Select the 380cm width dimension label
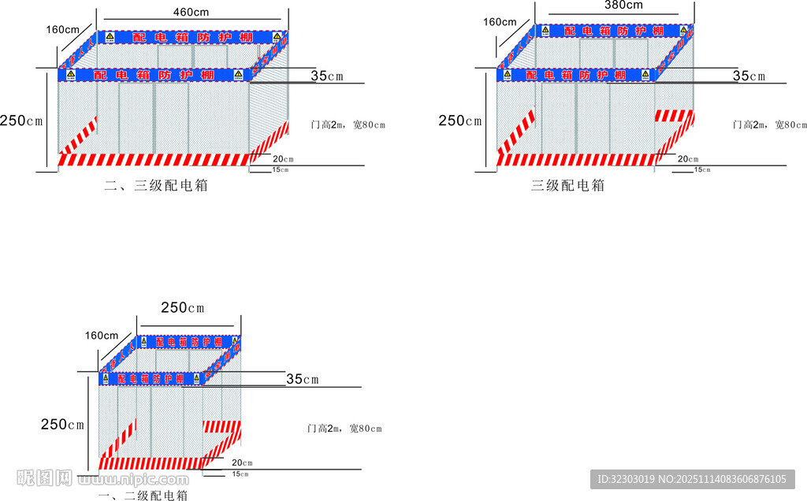tap(623, 5)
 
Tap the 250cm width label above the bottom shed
tap(183, 307)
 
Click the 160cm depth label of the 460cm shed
tap(62, 30)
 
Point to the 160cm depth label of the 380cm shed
tap(500, 22)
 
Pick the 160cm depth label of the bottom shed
tap(102, 336)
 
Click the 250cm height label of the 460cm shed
tap(20, 121)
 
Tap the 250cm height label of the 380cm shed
tap(459, 121)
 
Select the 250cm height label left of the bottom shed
tap(62, 425)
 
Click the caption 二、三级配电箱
tap(156, 186)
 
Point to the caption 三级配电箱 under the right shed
tap(567, 186)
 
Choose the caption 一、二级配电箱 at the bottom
tap(142, 495)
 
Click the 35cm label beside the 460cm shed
tap(327, 76)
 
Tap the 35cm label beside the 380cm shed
tap(749, 76)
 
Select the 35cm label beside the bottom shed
tap(302, 380)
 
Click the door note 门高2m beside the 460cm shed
tap(349, 125)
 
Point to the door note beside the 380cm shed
tap(769, 124)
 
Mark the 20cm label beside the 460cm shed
tap(283, 158)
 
